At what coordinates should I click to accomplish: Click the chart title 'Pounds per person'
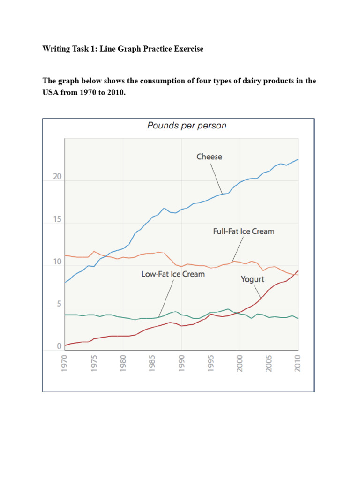pyautogui.click(x=187, y=125)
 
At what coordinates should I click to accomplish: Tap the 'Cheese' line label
pyautogui.click(x=209, y=157)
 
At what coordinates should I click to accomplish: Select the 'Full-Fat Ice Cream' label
pyautogui.click(x=244, y=232)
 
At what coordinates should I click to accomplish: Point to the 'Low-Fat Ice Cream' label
pyautogui.click(x=173, y=274)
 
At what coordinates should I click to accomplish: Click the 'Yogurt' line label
pyautogui.click(x=253, y=279)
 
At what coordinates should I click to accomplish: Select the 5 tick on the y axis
pyautogui.click(x=58, y=304)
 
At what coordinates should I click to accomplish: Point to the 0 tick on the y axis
pyautogui.click(x=59, y=346)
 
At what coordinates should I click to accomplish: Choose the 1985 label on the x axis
pyautogui.click(x=152, y=363)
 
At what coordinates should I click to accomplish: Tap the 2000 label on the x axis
pyautogui.click(x=240, y=363)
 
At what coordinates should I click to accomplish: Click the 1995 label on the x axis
pyautogui.click(x=211, y=363)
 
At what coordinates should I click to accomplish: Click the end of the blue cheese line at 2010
pyautogui.click(x=298, y=160)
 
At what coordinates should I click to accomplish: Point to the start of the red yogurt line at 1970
pyautogui.click(x=65, y=345)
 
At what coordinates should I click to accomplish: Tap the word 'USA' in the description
pyautogui.click(x=50, y=92)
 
